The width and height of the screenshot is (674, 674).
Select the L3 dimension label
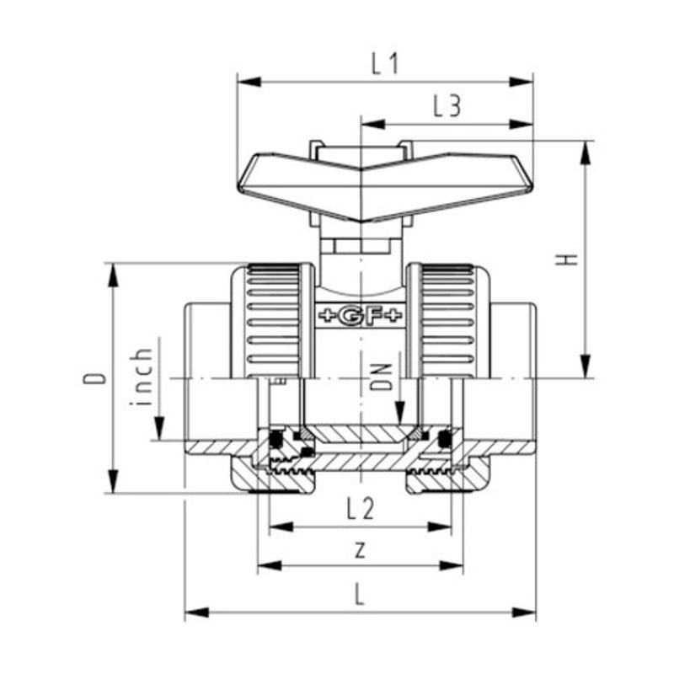[447, 107]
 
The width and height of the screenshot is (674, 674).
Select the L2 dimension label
[360, 507]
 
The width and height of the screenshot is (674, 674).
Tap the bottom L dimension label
[360, 596]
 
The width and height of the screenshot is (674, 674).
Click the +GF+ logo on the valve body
[360, 316]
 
